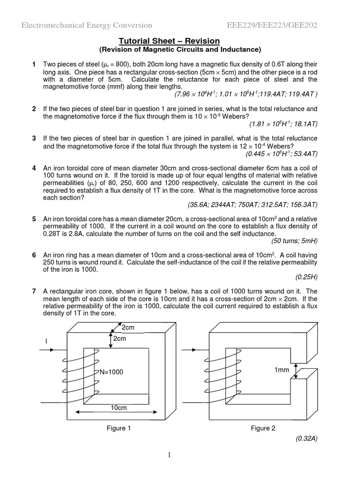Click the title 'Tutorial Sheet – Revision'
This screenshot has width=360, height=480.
[x=180, y=41]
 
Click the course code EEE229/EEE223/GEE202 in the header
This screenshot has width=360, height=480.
[x=272, y=25]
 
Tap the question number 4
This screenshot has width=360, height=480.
[x=34, y=168]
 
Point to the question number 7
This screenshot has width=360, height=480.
[x=34, y=291]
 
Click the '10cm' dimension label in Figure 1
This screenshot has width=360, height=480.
[x=119, y=408]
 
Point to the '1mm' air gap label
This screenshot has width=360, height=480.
[x=282, y=370]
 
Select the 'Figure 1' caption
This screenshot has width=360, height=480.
[x=116, y=428]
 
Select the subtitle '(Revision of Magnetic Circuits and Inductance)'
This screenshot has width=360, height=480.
[x=180, y=49]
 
